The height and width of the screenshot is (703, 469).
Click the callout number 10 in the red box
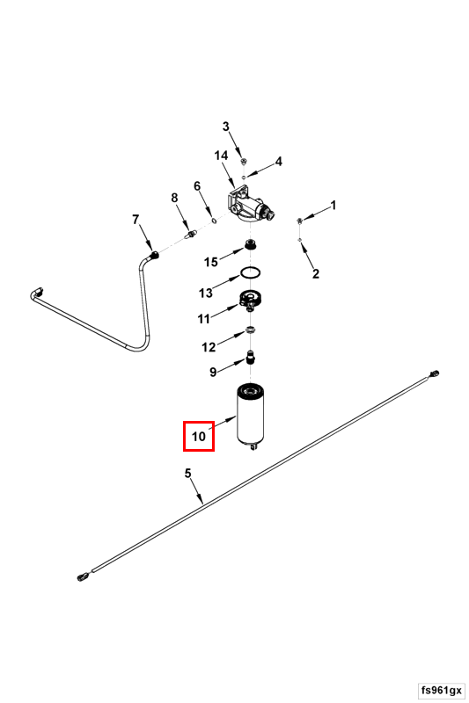198,436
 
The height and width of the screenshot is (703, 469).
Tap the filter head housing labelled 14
248,206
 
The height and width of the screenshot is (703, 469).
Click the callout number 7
136,220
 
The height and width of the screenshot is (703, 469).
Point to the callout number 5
187,473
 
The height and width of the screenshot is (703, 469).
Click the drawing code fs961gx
442,689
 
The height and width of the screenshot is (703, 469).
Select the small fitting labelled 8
192,234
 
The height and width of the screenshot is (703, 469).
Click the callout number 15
211,262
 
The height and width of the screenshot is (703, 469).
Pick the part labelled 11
251,300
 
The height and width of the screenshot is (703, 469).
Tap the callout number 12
209,347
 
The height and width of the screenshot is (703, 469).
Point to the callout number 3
226,127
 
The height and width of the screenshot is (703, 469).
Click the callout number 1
333,206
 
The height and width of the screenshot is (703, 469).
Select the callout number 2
316,273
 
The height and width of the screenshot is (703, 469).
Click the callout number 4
278,162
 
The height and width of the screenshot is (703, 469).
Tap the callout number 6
197,185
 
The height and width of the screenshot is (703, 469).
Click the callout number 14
221,156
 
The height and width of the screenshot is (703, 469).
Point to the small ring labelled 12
251,330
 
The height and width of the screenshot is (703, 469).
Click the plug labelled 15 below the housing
251,245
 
